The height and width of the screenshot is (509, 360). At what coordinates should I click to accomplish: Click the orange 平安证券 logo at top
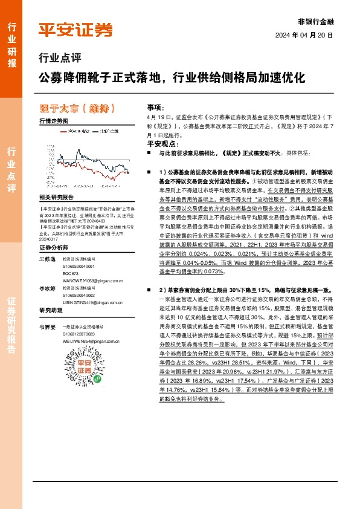76,30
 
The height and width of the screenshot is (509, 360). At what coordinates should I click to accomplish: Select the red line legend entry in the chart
62,130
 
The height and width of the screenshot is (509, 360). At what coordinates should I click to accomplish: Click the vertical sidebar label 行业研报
11,45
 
